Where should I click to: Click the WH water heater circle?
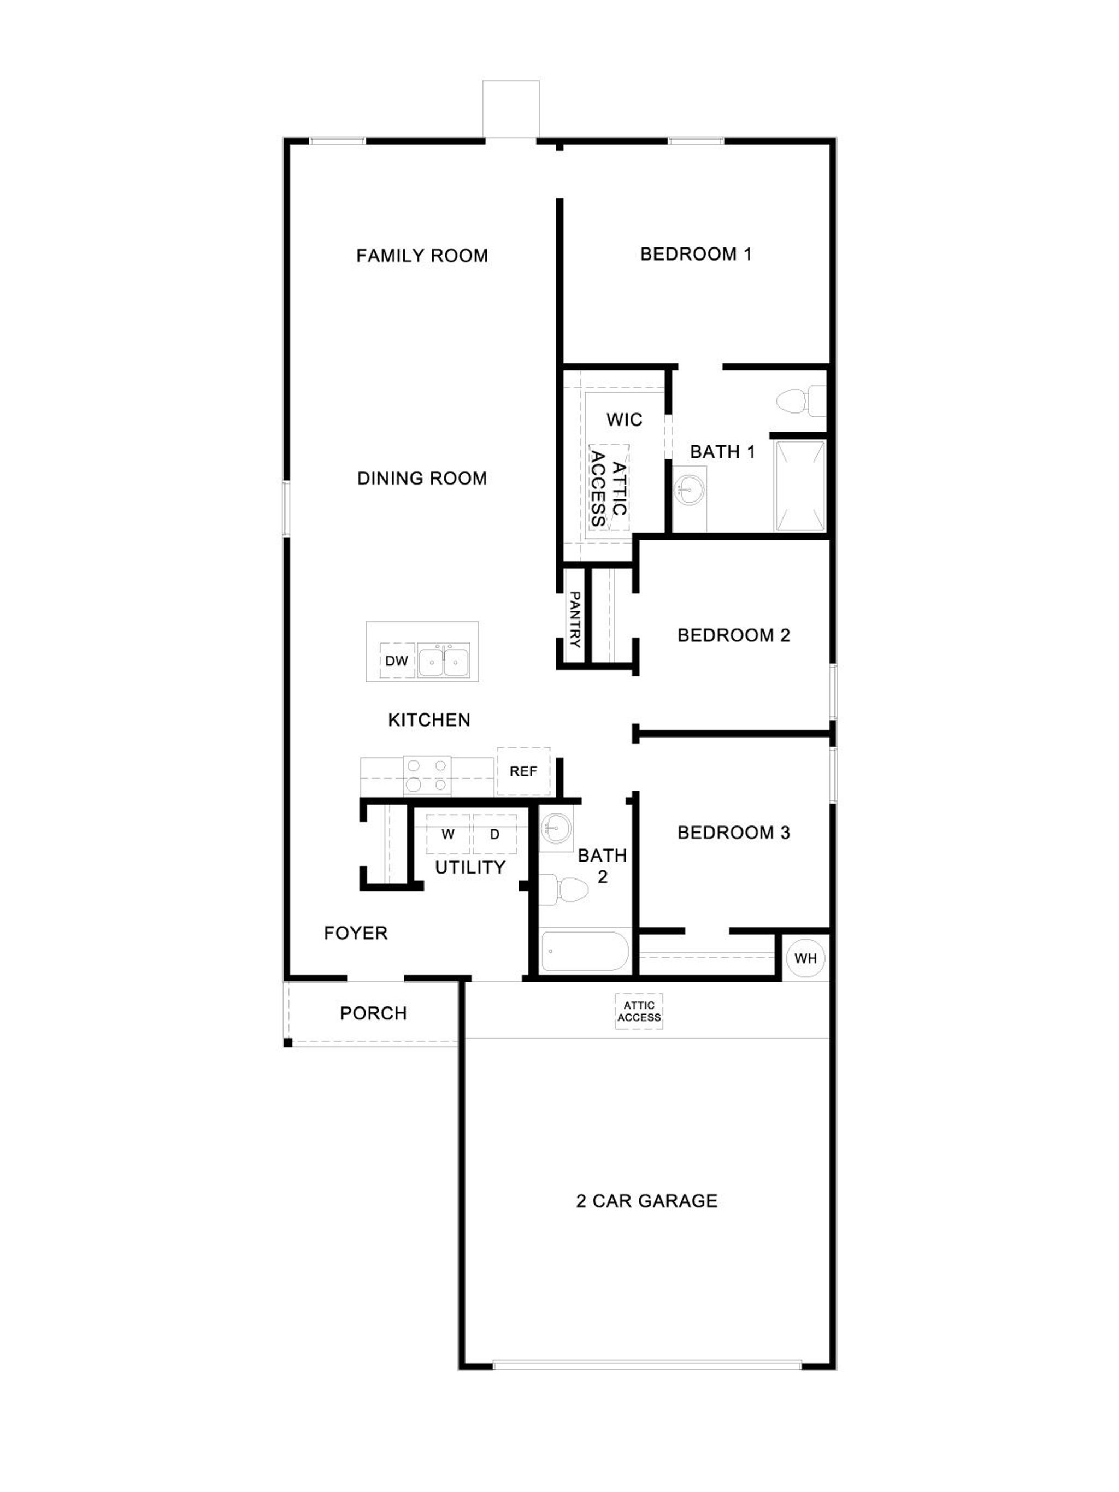805,958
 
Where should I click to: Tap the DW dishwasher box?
397,661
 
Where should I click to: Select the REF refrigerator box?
523,771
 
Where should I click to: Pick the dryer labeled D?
494,834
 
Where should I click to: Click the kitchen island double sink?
443,661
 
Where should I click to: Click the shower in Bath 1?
800,486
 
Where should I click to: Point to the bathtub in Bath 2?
584,952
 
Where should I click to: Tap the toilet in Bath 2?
563,889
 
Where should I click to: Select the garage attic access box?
639,1011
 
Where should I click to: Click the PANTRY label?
575,618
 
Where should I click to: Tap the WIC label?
624,420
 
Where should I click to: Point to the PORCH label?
373,1013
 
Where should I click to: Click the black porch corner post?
287,1043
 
